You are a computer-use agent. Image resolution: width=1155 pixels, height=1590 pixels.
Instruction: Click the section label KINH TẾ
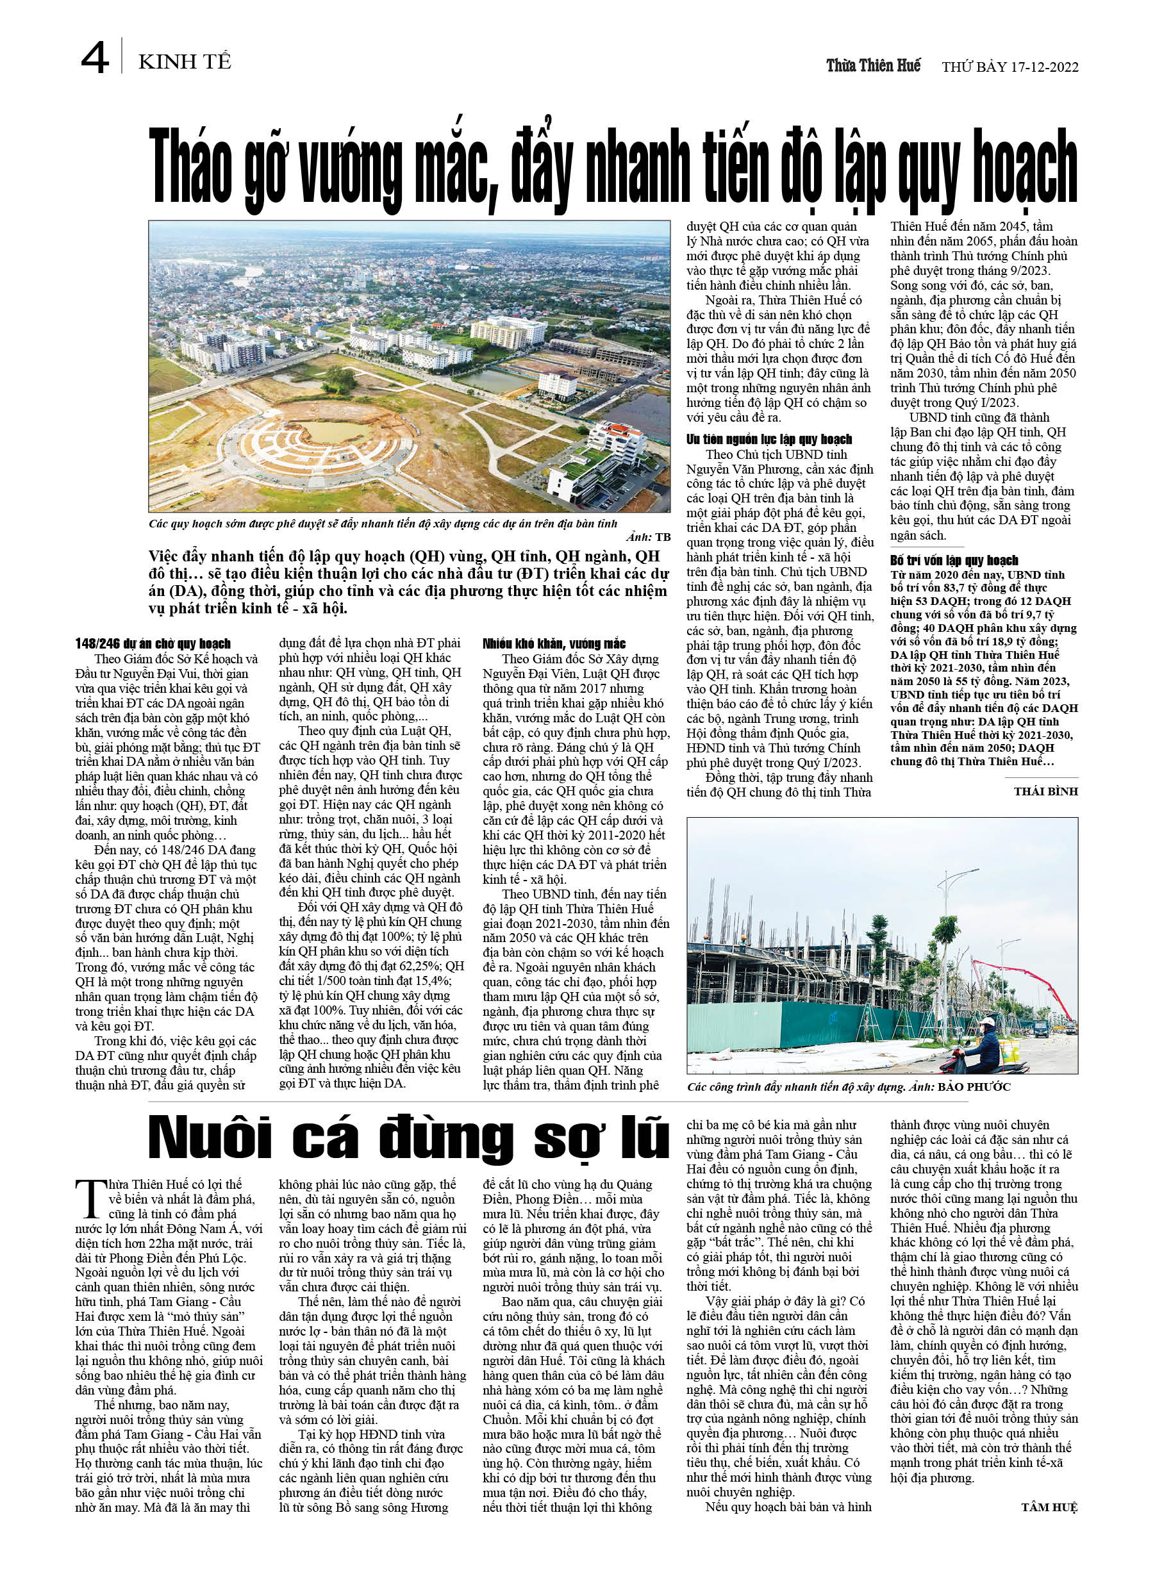[185, 62]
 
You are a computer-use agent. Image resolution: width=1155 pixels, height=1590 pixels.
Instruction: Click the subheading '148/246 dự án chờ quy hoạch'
[153, 643]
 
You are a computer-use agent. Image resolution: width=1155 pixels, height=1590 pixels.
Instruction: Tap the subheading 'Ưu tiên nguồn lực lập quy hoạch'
[769, 439]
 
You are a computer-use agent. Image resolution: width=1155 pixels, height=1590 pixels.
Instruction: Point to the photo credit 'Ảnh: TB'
[648, 537]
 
